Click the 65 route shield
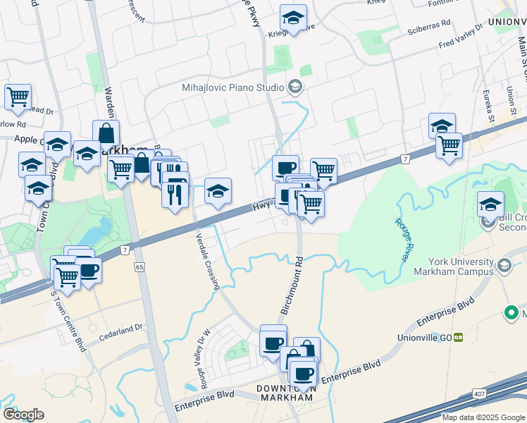click(x=139, y=267)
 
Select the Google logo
click(x=23, y=414)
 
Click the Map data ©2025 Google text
click(x=483, y=417)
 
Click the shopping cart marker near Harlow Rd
click(x=18, y=97)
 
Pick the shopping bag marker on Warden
click(x=106, y=133)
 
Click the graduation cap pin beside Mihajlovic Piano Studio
click(x=295, y=88)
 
